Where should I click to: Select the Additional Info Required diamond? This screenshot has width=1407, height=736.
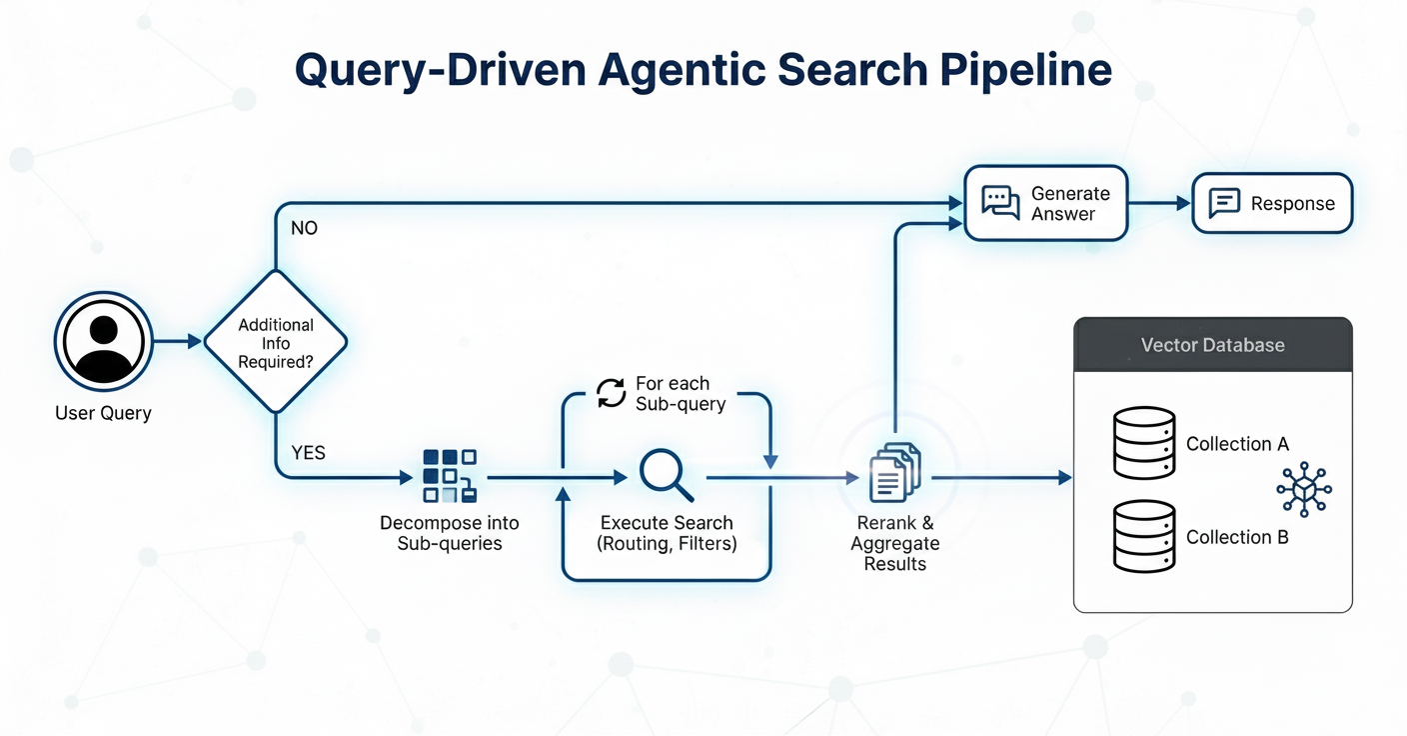coord(276,342)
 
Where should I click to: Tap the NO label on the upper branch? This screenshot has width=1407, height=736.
coord(304,228)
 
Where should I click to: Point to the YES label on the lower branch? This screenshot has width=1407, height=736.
coord(308,453)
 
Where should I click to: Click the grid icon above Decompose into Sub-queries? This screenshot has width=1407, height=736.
coord(449,475)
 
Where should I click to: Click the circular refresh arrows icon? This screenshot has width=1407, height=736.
coord(611,393)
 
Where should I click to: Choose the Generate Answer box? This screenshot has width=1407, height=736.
coord(1044,203)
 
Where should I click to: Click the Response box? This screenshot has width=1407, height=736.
coord(1272,203)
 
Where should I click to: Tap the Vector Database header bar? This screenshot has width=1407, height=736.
coord(1212,345)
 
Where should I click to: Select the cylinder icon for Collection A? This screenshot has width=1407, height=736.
coord(1144,443)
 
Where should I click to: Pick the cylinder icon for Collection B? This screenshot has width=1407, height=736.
coord(1144,536)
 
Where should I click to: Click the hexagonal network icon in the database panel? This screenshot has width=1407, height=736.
coord(1303,488)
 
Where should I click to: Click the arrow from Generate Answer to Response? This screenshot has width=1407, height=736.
coord(1159,203)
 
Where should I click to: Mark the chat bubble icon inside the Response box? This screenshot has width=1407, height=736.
coord(1224,203)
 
